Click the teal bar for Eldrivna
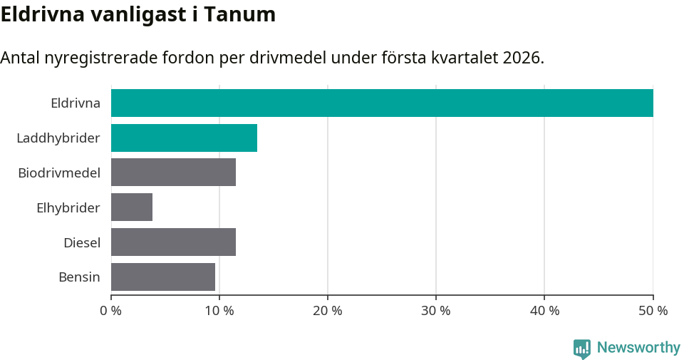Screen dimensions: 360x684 click(382, 103)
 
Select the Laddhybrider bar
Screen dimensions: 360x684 click(184, 138)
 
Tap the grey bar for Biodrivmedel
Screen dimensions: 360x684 click(173, 173)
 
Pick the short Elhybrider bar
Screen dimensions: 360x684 click(132, 207)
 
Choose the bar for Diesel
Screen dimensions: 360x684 click(173, 242)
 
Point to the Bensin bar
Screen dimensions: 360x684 click(163, 277)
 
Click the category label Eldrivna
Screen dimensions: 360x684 click(76, 103)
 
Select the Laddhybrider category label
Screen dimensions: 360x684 click(58, 138)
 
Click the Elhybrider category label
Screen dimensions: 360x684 click(68, 207)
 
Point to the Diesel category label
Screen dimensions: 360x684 click(82, 242)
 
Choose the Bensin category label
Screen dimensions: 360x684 click(79, 277)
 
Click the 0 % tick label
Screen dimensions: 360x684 click(111, 311)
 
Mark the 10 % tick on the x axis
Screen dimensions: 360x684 click(219, 311)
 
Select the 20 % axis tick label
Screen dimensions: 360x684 click(328, 311)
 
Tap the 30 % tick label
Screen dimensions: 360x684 click(436, 311)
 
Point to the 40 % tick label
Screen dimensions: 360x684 click(544, 311)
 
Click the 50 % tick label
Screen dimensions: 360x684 click(653, 311)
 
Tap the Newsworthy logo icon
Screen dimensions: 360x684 click(582, 348)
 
